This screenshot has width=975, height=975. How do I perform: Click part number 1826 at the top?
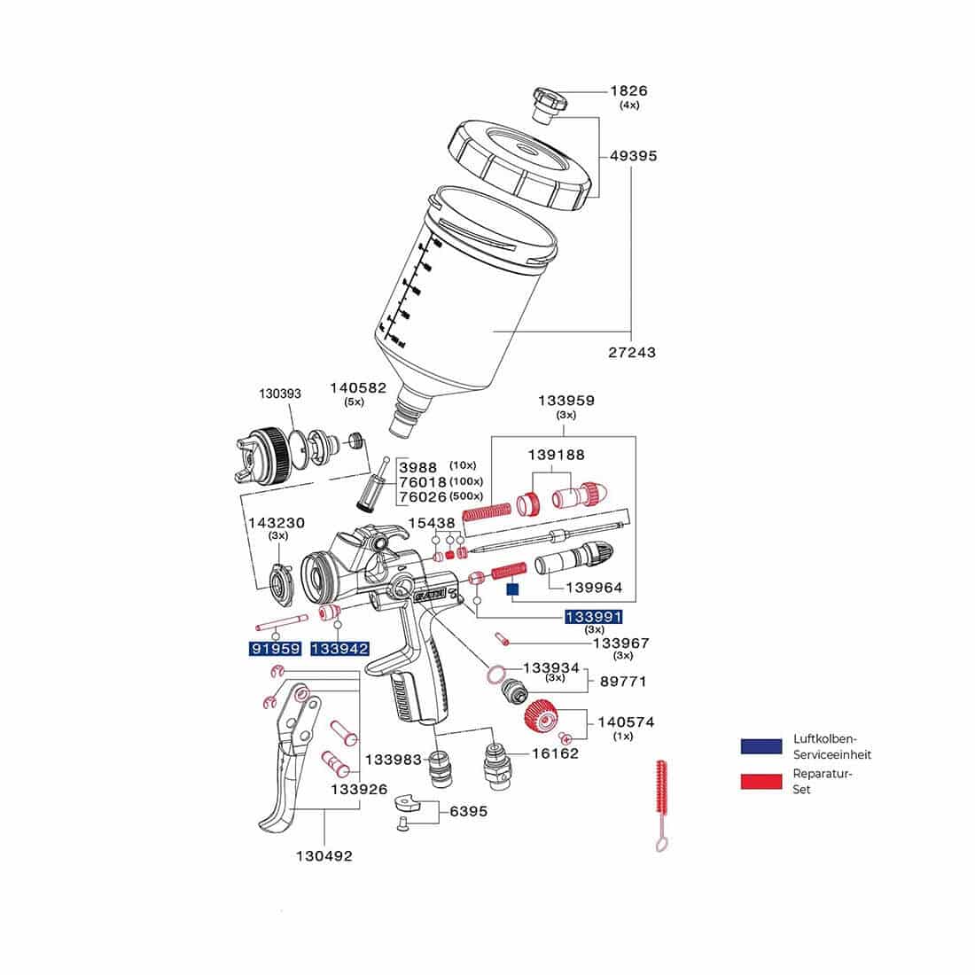click(628, 90)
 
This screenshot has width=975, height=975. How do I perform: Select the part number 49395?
click(633, 156)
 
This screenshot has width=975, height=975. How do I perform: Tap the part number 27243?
click(633, 352)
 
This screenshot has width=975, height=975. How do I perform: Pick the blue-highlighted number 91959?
click(275, 648)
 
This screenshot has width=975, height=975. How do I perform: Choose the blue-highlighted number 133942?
click(339, 648)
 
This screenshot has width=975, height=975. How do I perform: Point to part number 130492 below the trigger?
click(324, 855)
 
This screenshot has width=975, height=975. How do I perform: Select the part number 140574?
click(626, 722)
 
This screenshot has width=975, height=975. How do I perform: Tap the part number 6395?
click(468, 811)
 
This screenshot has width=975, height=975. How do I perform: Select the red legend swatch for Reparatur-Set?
click(761, 781)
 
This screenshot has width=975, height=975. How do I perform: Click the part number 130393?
click(280, 394)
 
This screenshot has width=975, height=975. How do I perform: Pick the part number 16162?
click(555, 753)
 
